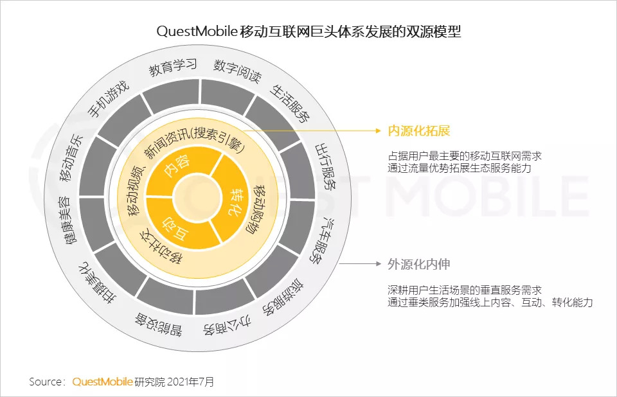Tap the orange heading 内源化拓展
coord(418,130)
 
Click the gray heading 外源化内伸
coord(418,263)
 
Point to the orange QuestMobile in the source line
coord(102,382)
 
